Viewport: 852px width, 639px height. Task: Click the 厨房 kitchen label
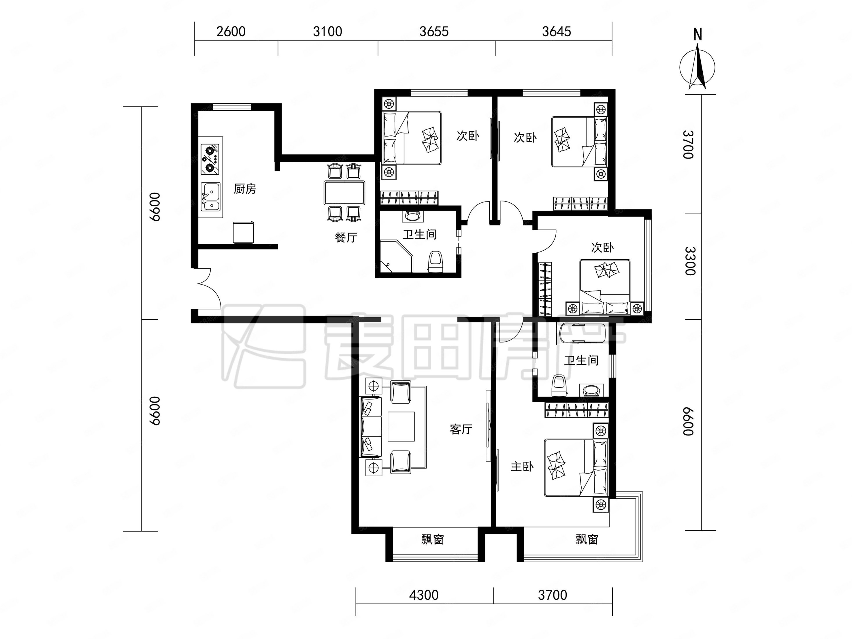[x=245, y=189]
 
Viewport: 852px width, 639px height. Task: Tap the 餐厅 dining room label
[x=346, y=237]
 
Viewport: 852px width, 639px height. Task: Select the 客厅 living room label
[x=461, y=429]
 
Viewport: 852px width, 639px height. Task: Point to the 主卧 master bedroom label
[x=522, y=467]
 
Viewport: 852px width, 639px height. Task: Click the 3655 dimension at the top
[x=434, y=32]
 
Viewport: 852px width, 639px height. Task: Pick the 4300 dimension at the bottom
[x=424, y=595]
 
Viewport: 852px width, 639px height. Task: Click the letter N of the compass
[x=697, y=35]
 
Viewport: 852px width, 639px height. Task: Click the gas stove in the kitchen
[x=210, y=159]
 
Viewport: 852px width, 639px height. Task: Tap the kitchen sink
[x=210, y=196]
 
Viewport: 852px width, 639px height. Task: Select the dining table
[x=344, y=193]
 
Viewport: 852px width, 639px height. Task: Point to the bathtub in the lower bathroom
[x=583, y=333]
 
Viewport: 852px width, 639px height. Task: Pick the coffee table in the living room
[x=401, y=426]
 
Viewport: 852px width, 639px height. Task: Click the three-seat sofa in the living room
[x=371, y=427]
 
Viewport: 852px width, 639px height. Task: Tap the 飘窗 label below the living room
[x=433, y=540]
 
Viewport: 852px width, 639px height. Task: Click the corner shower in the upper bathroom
[x=397, y=256]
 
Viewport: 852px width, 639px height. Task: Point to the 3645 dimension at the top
[x=557, y=32]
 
